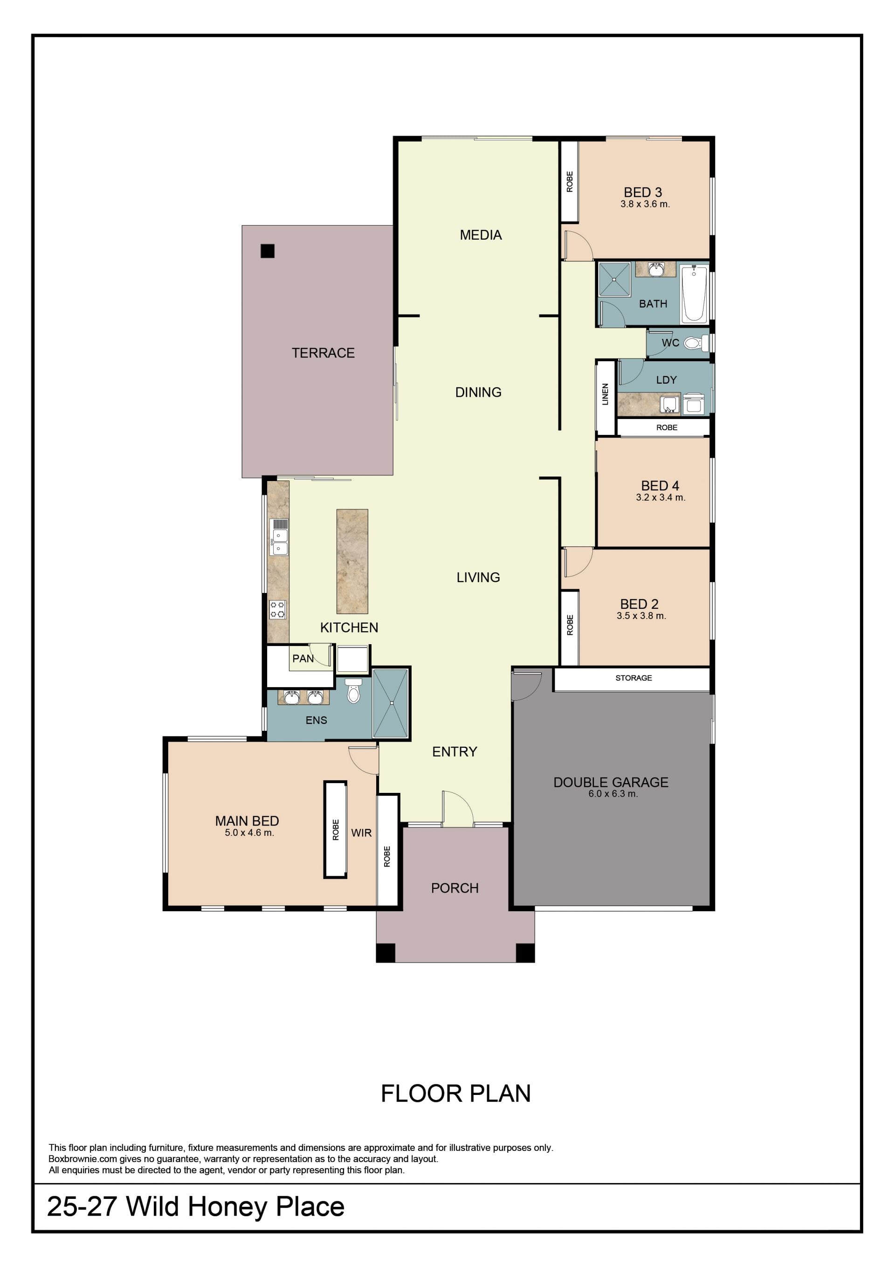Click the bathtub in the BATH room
pyautogui.click(x=694, y=293)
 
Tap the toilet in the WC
pyautogui.click(x=696, y=343)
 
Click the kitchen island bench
pyautogui.click(x=352, y=561)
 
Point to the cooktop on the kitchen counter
pyautogui.click(x=277, y=610)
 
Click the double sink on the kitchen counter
pyautogui.click(x=279, y=537)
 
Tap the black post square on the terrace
pyautogui.click(x=268, y=251)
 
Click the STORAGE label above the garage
pyautogui.click(x=633, y=678)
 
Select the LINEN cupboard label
pyautogui.click(x=605, y=394)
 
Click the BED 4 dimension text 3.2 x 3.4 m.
pyautogui.click(x=661, y=497)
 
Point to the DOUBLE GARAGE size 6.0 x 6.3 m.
pyautogui.click(x=613, y=793)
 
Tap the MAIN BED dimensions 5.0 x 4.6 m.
pyautogui.click(x=249, y=833)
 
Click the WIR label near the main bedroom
pyautogui.click(x=361, y=833)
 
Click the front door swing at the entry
pyautogui.click(x=458, y=809)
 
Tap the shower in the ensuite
pyautogui.click(x=391, y=703)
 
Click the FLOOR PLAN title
pyautogui.click(x=455, y=1094)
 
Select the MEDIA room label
pyautogui.click(x=481, y=235)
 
